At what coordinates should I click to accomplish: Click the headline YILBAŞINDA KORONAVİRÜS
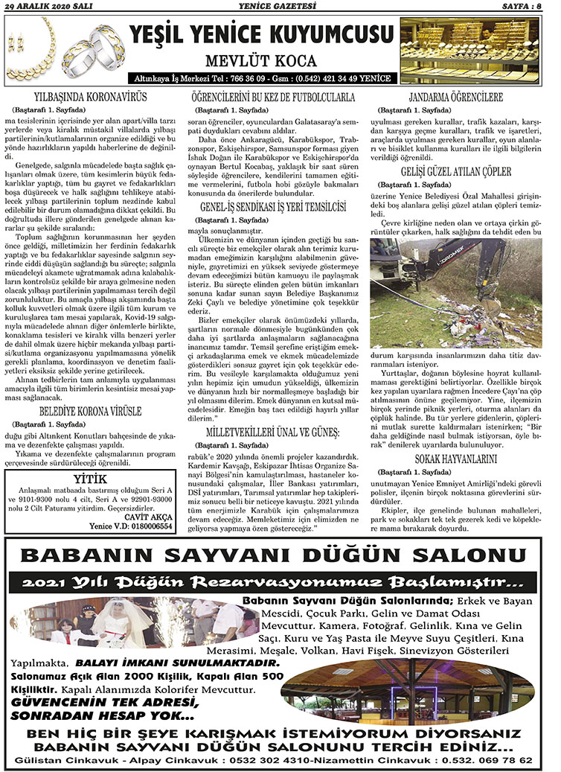tap(91, 98)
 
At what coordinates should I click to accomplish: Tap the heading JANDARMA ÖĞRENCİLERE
tap(456, 98)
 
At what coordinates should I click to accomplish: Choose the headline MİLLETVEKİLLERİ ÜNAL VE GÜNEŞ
tap(272, 433)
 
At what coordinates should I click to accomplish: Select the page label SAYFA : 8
tap(525, 7)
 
